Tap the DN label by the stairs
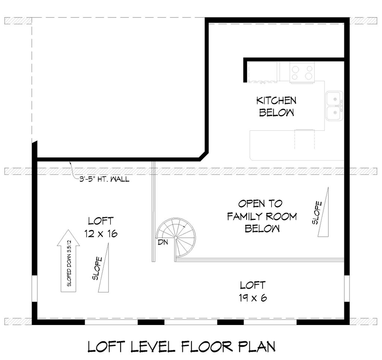162,243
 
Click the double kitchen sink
334,106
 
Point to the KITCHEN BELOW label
276,106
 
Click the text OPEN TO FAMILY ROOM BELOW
262,216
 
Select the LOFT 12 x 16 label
101,227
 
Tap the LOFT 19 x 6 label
253,291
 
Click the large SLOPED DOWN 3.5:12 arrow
68,260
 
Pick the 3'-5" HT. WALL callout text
104,180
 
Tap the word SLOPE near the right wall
317,213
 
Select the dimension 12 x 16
101,234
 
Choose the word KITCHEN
276,100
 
